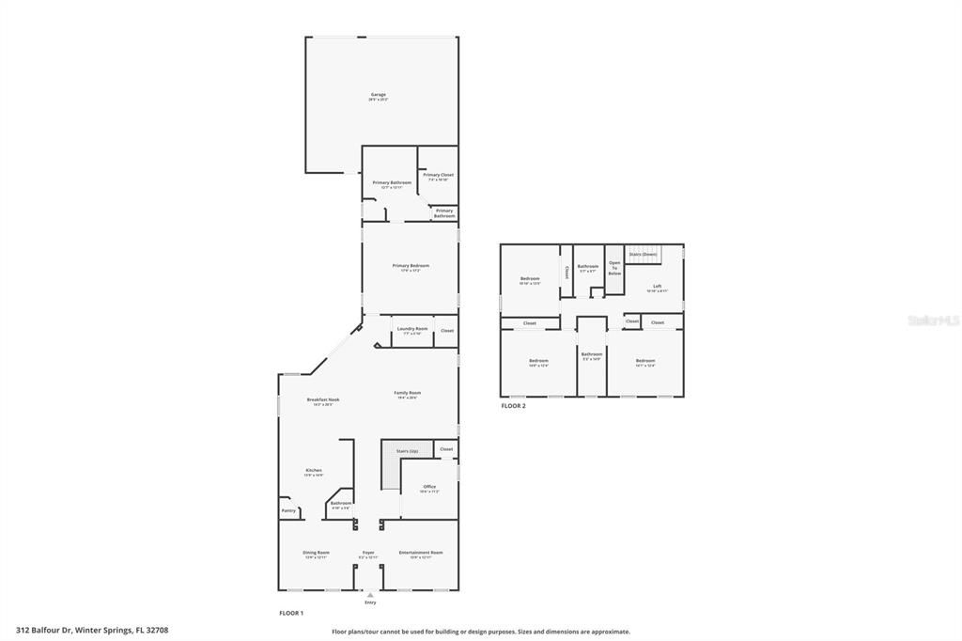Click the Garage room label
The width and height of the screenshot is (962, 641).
tap(379, 95)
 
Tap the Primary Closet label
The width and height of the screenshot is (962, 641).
tap(438, 175)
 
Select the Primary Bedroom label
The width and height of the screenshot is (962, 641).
tap(411, 266)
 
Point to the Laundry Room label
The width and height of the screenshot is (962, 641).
tap(412, 329)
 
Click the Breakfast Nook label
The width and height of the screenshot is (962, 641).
tap(323, 399)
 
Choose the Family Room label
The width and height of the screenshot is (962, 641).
tap(407, 393)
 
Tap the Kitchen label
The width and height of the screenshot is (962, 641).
tap(314, 470)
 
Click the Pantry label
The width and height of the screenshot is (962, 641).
tap(288, 510)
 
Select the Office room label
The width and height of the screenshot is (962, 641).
tap(429, 487)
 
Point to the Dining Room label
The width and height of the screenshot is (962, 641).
tap(316, 553)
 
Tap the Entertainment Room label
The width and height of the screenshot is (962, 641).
tap(420, 553)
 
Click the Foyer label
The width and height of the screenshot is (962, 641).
tap(368, 553)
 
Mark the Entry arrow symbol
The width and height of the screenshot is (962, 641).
tap(370, 594)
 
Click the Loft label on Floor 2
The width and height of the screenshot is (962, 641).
tap(657, 286)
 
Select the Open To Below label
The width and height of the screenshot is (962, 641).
tap(614, 268)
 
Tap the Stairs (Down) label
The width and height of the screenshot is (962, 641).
tap(643, 254)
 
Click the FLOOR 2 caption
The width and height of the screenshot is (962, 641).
tap(513, 406)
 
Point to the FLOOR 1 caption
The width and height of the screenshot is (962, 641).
tap(291, 613)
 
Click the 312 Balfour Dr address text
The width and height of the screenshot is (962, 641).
tap(99, 631)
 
